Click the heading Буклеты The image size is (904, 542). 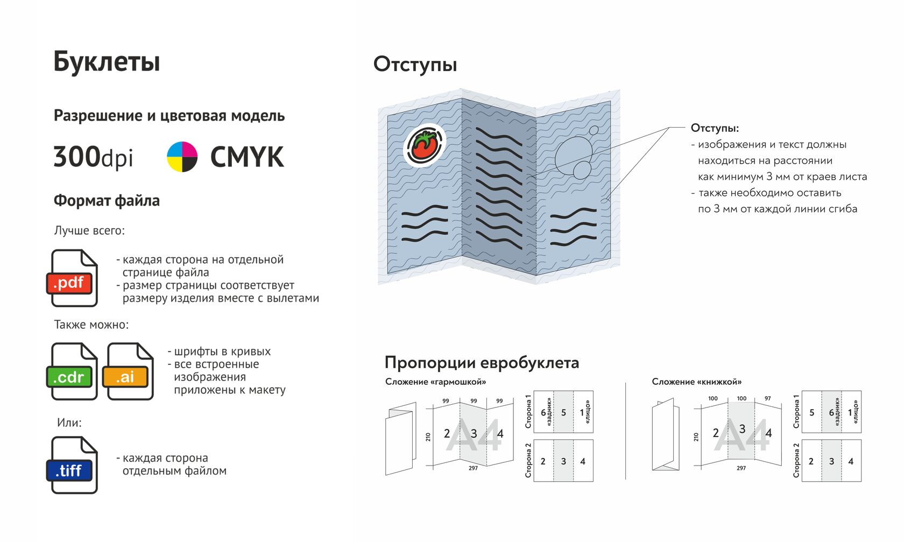tap(107, 62)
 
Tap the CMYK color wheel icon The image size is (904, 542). tap(182, 157)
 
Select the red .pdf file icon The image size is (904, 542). tap(72, 278)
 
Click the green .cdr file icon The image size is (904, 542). tap(72, 371)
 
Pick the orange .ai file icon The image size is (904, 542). tap(128, 371)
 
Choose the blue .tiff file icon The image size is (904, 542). tap(72, 465)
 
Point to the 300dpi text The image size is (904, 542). tap(93, 157)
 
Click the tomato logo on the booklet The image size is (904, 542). tap(424, 145)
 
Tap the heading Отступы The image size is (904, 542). tap(415, 65)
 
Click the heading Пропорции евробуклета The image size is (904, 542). tap(482, 362)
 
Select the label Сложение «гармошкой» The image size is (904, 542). tap(435, 382)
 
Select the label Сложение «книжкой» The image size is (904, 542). tap(696, 382)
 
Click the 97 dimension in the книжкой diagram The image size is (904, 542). tap(767, 398)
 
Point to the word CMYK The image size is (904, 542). tap(247, 157)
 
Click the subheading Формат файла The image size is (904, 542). tap(107, 201)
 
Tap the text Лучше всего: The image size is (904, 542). tap(89, 230)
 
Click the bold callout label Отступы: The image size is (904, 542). tap(715, 128)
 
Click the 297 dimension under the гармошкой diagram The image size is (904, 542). tap(473, 468)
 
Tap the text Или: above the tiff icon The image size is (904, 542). tap(69, 423)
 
